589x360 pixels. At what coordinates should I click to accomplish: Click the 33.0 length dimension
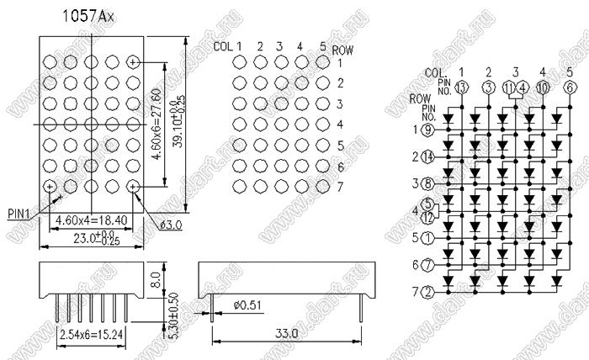[287, 334]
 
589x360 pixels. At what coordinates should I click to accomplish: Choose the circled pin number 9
[428, 130]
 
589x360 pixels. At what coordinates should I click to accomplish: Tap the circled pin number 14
[428, 157]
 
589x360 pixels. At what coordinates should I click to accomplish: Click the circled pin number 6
[570, 87]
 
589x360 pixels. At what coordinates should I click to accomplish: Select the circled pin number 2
[428, 292]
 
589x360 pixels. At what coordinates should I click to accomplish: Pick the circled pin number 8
[428, 184]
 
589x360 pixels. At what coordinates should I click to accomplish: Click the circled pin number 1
[428, 238]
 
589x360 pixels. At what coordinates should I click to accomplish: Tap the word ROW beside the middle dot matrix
[343, 50]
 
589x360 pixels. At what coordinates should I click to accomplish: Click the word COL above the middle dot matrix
[223, 46]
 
